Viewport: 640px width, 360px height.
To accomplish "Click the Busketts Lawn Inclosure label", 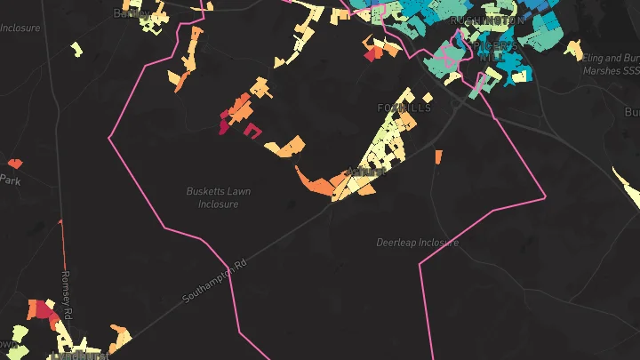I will point(218,197).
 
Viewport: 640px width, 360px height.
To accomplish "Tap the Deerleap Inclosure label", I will point(417,242).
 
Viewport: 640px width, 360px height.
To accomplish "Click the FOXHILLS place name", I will point(404,108).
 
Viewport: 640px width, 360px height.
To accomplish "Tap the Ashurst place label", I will point(365,171).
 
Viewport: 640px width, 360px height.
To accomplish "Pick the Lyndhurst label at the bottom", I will point(79,356).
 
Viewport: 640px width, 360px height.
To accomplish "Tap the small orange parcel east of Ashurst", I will point(438,157).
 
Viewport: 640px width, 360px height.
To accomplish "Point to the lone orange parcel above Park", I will point(14,164).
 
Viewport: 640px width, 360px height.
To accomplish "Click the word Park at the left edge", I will point(10,179).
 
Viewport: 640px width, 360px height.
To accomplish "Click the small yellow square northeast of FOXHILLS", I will point(428,96).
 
